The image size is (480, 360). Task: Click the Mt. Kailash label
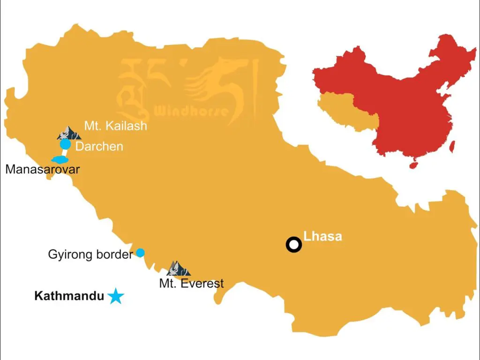tap(115, 126)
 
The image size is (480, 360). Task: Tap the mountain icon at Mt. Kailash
tap(68, 133)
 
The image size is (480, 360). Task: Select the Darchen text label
tap(99, 147)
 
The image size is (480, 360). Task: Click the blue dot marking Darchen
tap(65, 144)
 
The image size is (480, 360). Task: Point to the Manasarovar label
tap(42, 169)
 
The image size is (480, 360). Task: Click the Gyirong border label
tap(90, 255)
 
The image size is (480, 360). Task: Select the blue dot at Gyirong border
tap(140, 253)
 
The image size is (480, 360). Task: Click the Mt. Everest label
tap(191, 284)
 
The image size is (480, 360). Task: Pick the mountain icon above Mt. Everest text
tap(178, 269)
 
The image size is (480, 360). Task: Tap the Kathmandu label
tap(69, 296)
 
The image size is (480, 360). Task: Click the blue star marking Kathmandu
tap(115, 296)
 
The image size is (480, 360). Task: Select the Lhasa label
tap(322, 236)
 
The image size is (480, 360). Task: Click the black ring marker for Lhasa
tap(294, 245)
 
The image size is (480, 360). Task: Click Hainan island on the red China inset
tap(414, 165)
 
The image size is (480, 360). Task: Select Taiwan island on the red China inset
tap(452, 147)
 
